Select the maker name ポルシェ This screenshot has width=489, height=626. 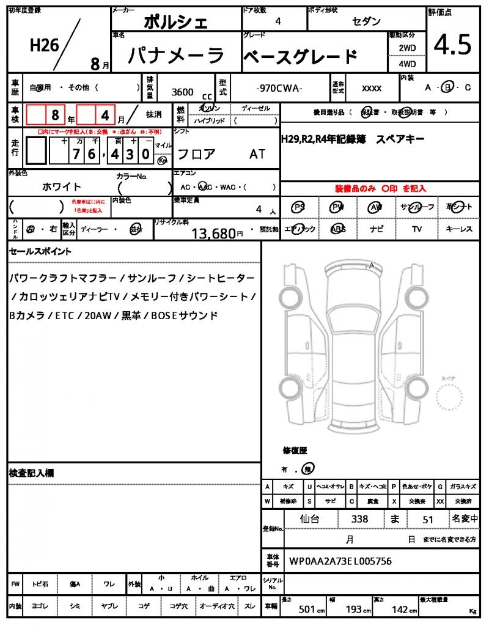click(175, 23)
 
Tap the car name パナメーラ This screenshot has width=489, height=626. click(176, 56)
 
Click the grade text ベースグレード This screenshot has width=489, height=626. click(300, 57)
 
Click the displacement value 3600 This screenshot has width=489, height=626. click(183, 92)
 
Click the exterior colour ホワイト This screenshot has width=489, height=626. click(62, 186)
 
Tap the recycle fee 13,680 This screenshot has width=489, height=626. click(213, 233)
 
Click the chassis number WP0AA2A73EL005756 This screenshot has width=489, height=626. click(340, 561)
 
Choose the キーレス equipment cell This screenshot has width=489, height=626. click(459, 229)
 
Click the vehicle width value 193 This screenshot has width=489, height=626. click(355, 609)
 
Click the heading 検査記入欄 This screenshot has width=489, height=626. click(31, 473)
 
